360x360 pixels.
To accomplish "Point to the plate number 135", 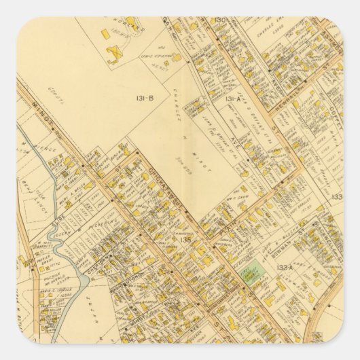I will pyautogui.click(x=185, y=239).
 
